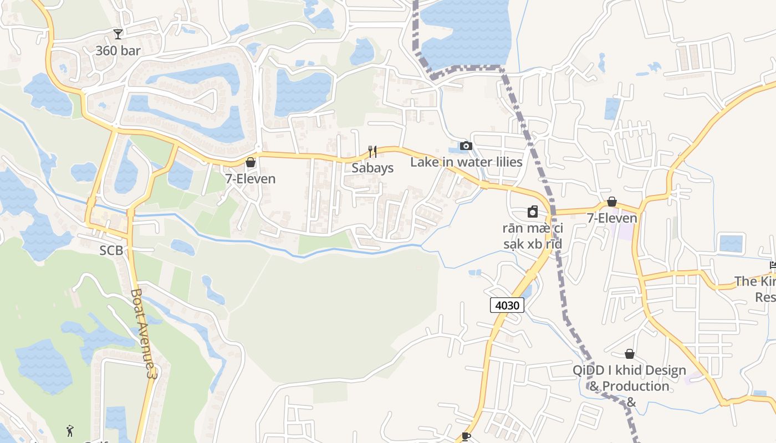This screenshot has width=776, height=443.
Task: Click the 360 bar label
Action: (x=118, y=51)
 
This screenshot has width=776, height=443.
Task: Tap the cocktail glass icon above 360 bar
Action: (x=118, y=34)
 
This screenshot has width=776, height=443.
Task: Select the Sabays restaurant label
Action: (x=372, y=168)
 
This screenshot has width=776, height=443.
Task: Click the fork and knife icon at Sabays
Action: (x=372, y=151)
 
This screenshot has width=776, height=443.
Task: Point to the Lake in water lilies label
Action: (x=466, y=162)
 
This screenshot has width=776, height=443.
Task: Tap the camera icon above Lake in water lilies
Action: (x=466, y=146)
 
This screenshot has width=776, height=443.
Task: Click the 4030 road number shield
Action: (x=507, y=305)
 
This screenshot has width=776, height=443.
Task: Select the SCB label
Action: (x=111, y=250)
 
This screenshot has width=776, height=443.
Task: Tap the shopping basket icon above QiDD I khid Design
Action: (x=630, y=354)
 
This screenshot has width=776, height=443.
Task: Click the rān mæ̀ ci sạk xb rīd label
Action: (x=532, y=236)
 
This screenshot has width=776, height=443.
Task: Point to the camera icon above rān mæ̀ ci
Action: (x=532, y=212)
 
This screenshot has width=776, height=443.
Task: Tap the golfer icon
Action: (x=70, y=431)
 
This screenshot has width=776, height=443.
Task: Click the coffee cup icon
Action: (x=466, y=436)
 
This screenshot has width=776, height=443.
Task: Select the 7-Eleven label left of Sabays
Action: (x=250, y=179)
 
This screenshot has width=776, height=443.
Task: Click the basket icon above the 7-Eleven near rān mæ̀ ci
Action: (x=612, y=202)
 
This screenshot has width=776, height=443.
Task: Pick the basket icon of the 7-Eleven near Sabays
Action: (x=251, y=162)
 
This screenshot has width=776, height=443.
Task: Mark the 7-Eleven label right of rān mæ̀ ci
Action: (x=612, y=218)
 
